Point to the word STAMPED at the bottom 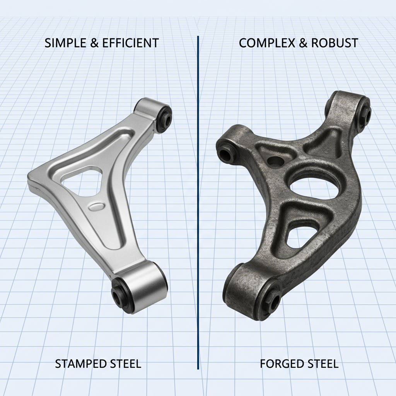tap(79, 364)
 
